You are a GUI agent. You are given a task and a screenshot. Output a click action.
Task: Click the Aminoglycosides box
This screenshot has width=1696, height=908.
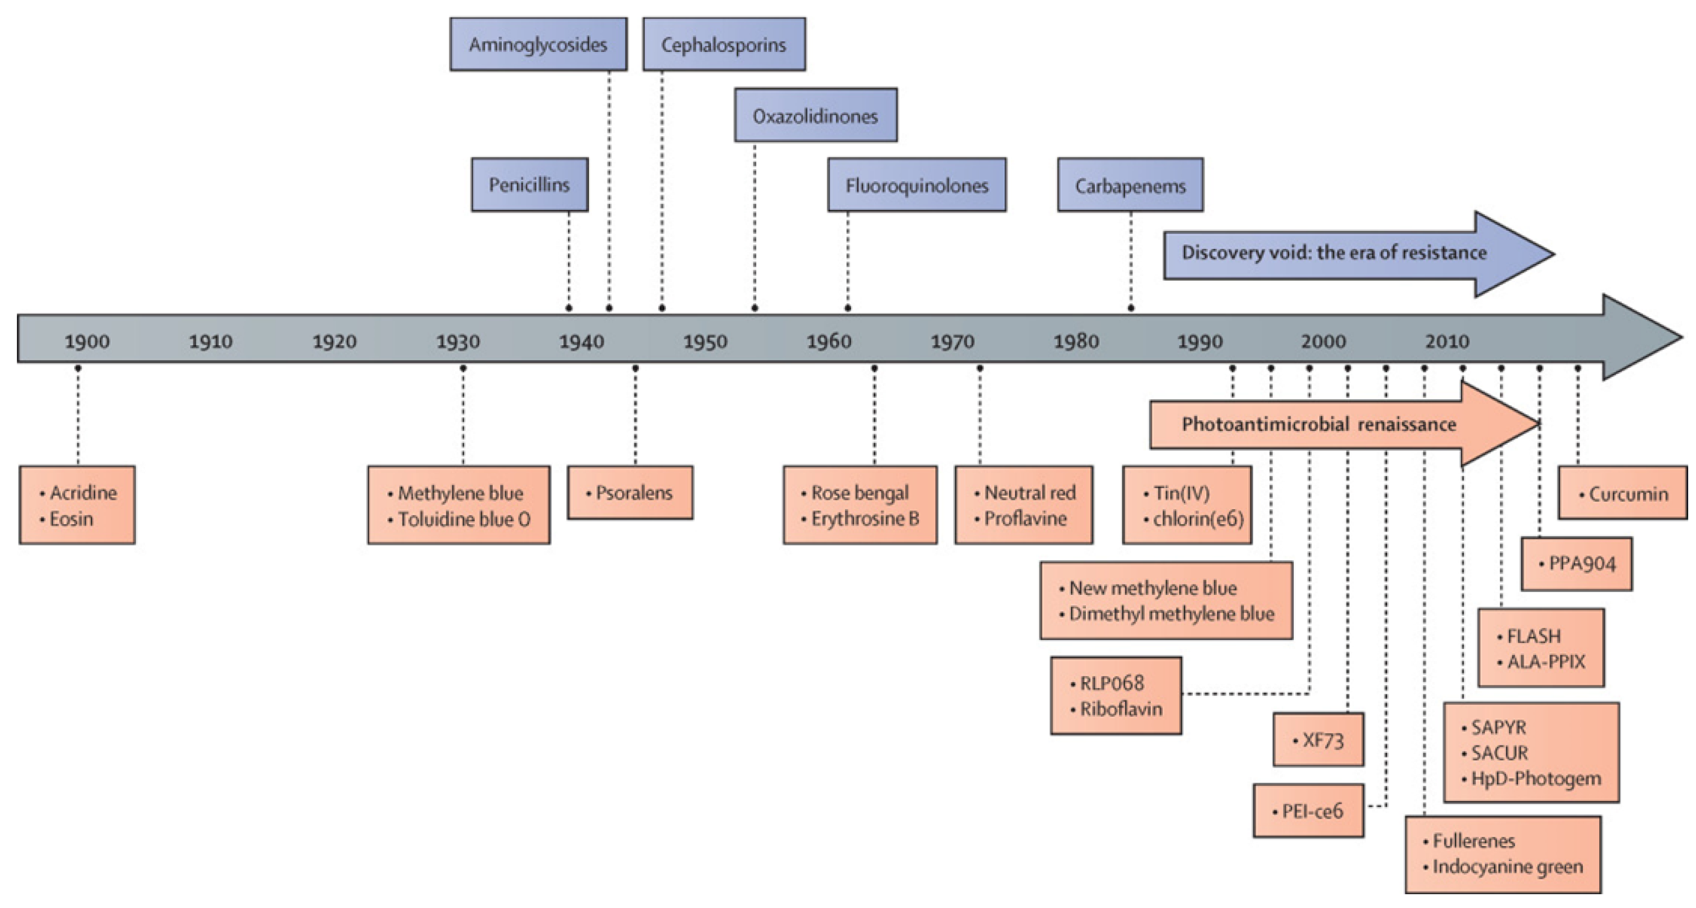click(x=538, y=45)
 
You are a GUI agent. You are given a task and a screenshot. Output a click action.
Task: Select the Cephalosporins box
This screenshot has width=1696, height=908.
click(x=723, y=45)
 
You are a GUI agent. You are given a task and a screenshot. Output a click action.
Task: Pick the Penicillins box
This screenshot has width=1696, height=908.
click(x=529, y=185)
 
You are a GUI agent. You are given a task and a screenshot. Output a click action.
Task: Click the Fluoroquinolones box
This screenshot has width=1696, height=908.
click(x=916, y=186)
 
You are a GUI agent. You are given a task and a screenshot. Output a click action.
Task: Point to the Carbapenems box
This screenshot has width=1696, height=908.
click(x=1130, y=186)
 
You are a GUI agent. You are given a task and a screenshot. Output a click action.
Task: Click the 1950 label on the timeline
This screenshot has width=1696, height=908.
click(x=705, y=341)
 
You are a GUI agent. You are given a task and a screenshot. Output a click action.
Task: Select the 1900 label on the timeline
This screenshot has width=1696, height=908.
click(x=87, y=341)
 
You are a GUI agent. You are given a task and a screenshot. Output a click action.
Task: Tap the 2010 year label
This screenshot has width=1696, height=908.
click(x=1446, y=341)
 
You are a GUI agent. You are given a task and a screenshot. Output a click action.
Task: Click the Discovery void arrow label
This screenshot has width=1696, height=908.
click(x=1334, y=252)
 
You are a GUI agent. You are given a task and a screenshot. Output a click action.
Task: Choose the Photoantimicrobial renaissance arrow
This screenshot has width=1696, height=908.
click(x=1319, y=424)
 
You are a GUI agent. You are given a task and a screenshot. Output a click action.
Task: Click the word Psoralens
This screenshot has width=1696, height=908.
click(x=634, y=493)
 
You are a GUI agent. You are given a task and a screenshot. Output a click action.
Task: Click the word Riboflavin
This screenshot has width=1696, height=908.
click(x=1121, y=709)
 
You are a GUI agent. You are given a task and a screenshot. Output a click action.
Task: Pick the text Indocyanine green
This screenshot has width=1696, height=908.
click(x=1507, y=867)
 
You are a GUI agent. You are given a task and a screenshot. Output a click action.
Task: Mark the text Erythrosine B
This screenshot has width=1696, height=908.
click(x=864, y=519)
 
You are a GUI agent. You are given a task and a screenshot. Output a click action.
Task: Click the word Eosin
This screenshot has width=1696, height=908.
click(x=71, y=519)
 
